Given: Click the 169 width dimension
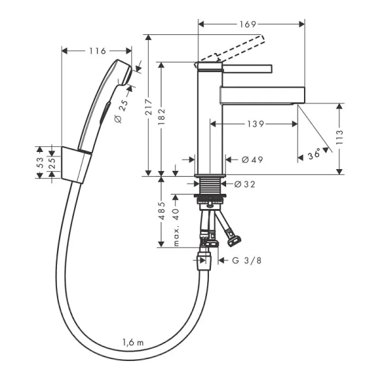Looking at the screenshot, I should click(x=248, y=25).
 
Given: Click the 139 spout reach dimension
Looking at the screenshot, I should click(x=255, y=124).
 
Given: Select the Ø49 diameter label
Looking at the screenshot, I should click(x=252, y=160).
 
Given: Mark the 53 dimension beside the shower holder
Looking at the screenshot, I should click(x=39, y=163).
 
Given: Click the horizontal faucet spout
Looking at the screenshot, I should click(x=263, y=95).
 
